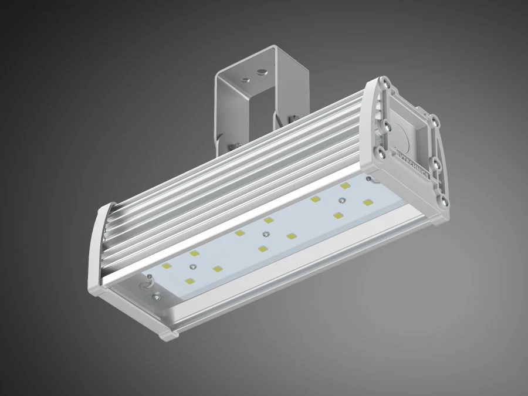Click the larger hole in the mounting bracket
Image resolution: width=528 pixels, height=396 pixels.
[x=259, y=75]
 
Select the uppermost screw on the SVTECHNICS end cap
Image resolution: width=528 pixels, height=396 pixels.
[x=387, y=85]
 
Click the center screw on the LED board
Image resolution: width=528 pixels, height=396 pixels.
[x=266, y=235]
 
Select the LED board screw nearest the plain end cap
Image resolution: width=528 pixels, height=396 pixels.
[x=189, y=267]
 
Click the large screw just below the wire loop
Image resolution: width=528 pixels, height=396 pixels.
[x=157, y=297]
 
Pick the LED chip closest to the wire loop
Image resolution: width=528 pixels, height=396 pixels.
[x=167, y=266]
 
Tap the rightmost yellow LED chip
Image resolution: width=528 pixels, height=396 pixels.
[x=368, y=202]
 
